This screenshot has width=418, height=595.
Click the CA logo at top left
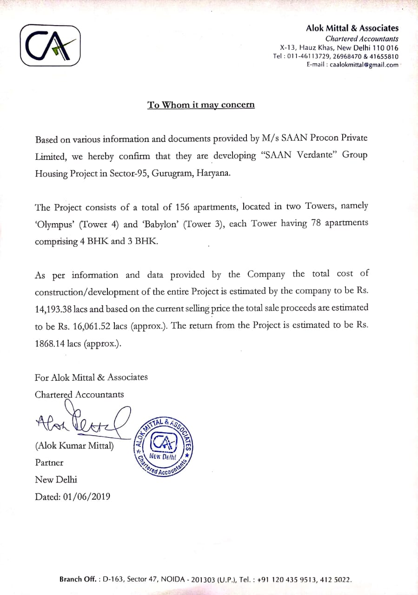tap(50, 45)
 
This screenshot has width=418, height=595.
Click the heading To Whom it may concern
tap(201, 105)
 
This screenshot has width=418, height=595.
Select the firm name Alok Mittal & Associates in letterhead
tap(352, 28)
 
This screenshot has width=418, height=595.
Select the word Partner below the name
tap(49, 463)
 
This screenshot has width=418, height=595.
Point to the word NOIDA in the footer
tap(173, 580)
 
